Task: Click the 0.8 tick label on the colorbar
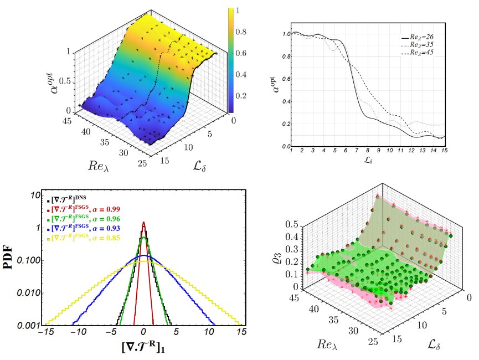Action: [x=242, y=32]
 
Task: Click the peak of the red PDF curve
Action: [x=144, y=222]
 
